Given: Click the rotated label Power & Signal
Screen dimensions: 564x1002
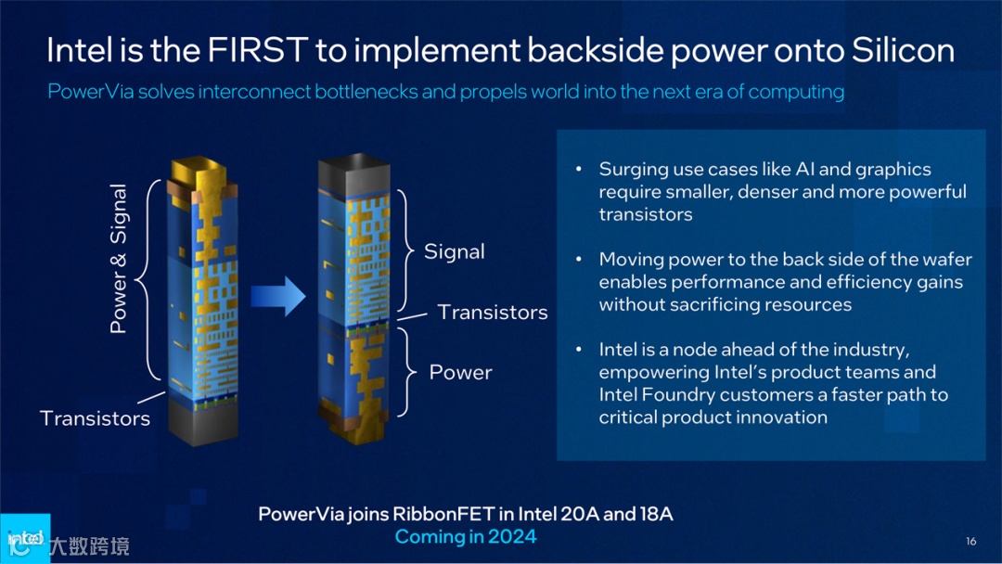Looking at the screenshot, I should coord(119,258).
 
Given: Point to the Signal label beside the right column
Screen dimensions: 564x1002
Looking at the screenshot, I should coord(454,251).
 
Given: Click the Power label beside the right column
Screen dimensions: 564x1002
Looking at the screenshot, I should coord(460,373).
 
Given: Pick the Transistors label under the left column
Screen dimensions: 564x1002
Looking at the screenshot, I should coord(95,418).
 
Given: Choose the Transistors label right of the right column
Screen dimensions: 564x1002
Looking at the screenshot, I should coord(493,313).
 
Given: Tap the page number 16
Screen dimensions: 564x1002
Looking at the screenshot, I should coord(970,542).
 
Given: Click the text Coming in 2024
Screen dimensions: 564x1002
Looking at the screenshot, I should coord(466,537).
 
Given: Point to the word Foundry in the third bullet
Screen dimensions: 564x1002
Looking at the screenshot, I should coord(678,395).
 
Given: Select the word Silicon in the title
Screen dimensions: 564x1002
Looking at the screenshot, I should coord(902,49).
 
